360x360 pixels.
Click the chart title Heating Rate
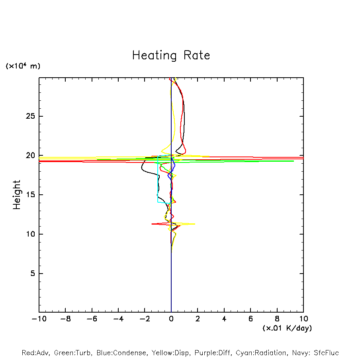[x=171, y=55]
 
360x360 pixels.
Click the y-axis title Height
[x=17, y=195]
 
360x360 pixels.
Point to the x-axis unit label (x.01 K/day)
[x=287, y=328]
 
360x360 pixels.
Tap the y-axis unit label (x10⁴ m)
[x=23, y=66]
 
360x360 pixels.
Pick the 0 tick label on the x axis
[x=171, y=319]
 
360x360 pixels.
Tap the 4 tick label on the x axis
[x=224, y=319]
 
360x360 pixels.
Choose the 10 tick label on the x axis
[x=303, y=319]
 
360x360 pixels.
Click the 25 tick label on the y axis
[x=31, y=116]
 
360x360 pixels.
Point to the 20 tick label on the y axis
[x=31, y=156]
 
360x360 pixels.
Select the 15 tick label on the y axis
[x=31, y=195]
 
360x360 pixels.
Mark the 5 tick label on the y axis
[x=33, y=274]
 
